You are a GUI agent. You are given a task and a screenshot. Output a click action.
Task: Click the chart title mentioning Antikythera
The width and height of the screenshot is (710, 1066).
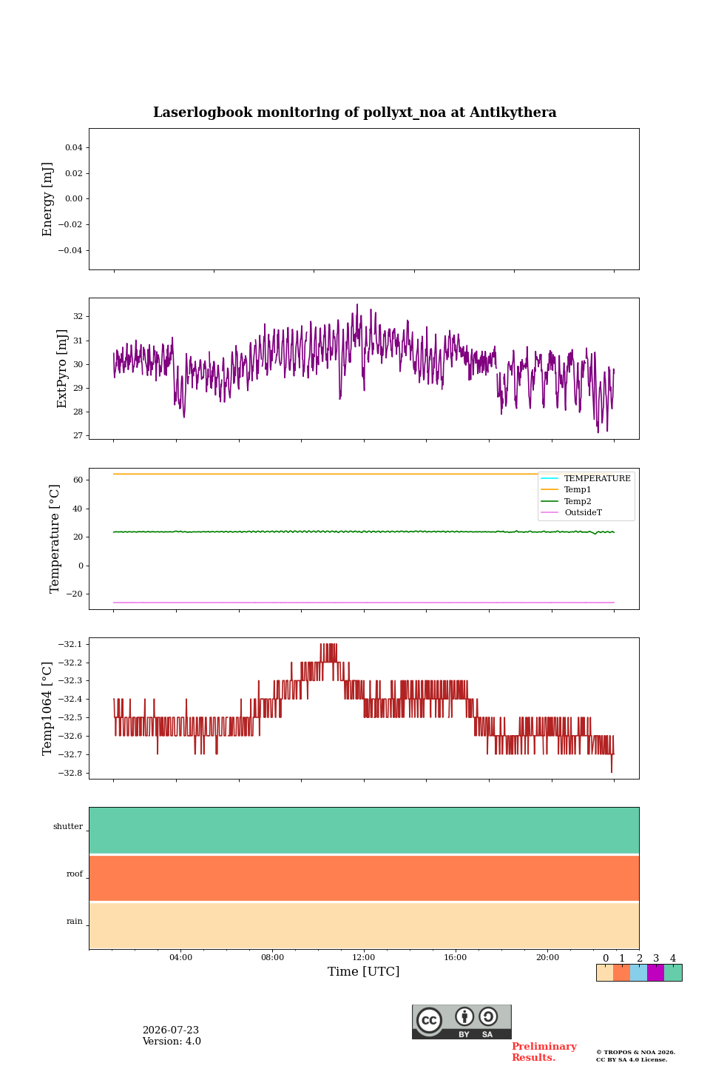click(x=354, y=113)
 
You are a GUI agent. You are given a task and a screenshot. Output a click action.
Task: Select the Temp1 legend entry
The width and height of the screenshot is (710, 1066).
click(x=578, y=490)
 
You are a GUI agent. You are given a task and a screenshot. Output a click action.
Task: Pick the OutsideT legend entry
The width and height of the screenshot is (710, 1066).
click(x=583, y=512)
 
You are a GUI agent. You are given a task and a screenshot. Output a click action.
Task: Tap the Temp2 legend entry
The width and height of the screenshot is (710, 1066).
click(x=578, y=501)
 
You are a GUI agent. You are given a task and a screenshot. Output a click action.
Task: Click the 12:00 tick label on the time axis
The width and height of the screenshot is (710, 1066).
click(x=363, y=957)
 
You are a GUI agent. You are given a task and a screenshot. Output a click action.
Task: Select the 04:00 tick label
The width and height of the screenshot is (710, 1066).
click(x=180, y=957)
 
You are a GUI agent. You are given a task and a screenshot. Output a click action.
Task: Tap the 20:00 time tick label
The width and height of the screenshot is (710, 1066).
click(x=547, y=957)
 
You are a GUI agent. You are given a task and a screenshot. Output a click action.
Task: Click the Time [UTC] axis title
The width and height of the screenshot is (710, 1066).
click(x=363, y=971)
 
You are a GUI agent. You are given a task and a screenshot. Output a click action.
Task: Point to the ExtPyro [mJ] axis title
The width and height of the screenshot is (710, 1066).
click(x=62, y=369)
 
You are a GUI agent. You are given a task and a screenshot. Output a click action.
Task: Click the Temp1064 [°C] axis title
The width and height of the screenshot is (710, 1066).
click(x=47, y=708)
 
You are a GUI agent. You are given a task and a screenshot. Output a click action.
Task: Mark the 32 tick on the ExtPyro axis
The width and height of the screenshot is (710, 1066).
click(x=78, y=317)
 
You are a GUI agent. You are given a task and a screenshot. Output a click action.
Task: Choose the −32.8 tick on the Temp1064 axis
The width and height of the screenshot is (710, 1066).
click(x=70, y=773)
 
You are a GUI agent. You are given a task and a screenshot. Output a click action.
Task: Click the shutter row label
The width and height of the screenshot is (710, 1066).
click(x=68, y=827)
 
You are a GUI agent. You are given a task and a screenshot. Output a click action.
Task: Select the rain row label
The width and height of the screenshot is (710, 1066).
click(x=75, y=921)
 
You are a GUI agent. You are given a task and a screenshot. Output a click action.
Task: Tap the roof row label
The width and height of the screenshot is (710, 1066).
click(x=75, y=874)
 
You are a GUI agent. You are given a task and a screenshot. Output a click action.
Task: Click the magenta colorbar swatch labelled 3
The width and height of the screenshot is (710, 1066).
click(x=655, y=973)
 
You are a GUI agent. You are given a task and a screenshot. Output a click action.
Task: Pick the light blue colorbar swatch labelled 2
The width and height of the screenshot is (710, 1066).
click(x=639, y=973)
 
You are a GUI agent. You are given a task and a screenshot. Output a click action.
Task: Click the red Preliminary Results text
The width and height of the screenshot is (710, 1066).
click(x=544, y=1052)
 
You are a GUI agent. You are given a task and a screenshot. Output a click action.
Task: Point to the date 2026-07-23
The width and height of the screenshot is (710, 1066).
click(x=171, y=1030)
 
